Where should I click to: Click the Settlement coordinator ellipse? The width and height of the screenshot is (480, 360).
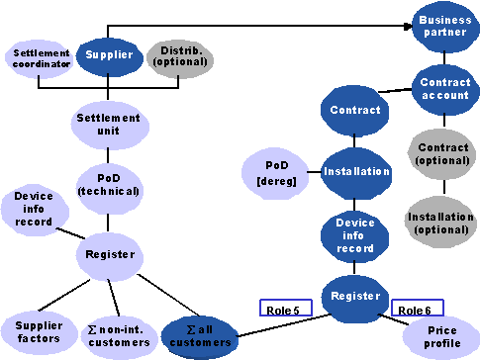42,58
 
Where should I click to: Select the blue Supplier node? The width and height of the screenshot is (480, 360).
109,55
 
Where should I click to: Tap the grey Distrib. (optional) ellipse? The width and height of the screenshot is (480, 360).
181,56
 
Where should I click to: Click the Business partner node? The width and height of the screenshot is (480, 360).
445,26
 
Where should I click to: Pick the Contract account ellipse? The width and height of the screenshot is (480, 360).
445,88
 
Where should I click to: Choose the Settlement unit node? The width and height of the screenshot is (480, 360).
108,125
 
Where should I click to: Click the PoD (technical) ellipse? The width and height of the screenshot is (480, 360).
108,183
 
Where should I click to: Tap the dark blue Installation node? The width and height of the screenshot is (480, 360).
356,171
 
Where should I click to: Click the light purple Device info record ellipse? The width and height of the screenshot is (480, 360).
35,210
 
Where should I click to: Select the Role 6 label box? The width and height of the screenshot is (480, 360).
417,309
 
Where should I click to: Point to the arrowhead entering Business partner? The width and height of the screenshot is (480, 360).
409,26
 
